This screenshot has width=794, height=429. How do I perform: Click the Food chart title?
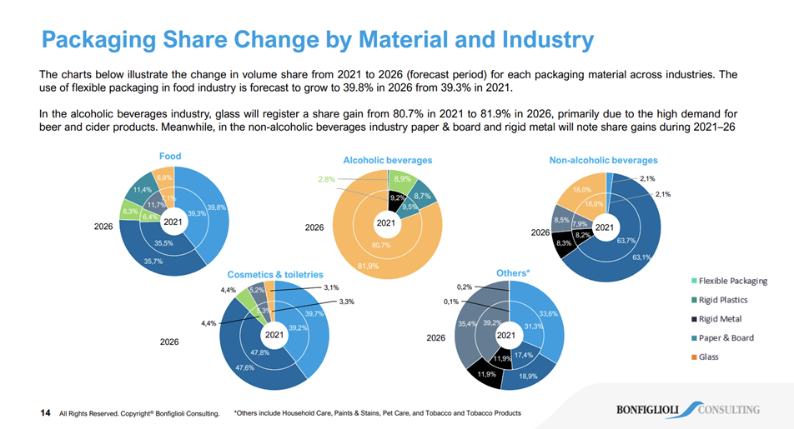(170, 156)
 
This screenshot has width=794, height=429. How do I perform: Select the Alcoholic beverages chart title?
(387, 159)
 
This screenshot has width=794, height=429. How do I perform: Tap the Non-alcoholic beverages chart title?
(603, 160)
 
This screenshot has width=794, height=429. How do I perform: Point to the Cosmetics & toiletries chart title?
(274, 274)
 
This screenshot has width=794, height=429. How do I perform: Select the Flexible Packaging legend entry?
(732, 282)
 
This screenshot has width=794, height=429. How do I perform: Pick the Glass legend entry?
(709, 357)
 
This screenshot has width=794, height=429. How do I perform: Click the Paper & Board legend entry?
(726, 338)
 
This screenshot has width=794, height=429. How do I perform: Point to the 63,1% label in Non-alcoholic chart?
(641, 257)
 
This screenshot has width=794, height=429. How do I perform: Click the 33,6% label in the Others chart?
(548, 314)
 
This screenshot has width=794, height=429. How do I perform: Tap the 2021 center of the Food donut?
(173, 222)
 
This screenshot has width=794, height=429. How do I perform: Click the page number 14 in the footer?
(46, 412)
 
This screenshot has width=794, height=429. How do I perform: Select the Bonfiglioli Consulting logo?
(687, 409)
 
